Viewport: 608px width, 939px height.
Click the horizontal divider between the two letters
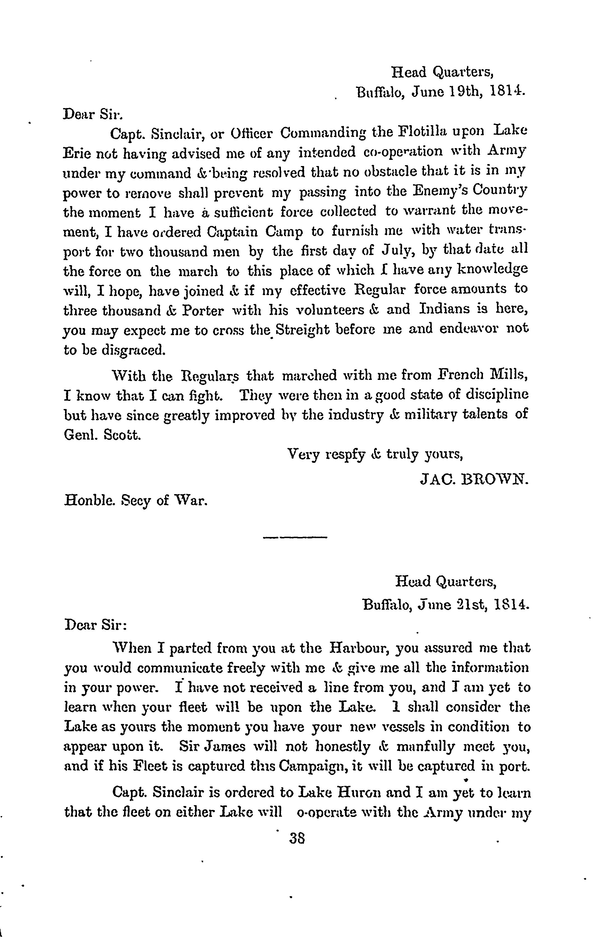click(295, 537)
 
